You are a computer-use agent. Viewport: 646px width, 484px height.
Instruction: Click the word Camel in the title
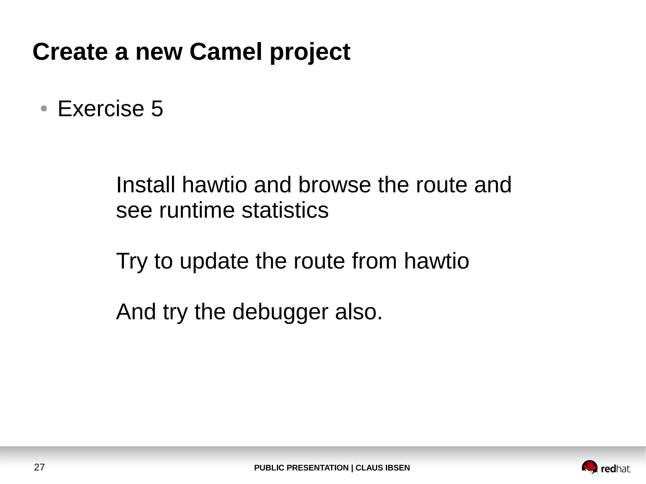click(226, 52)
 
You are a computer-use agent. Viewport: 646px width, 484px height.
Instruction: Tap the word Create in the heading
click(70, 52)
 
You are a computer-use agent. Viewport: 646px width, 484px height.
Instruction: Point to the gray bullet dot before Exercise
click(44, 109)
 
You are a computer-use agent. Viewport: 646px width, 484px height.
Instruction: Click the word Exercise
click(101, 109)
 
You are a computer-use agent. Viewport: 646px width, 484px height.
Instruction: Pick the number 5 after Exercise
click(157, 109)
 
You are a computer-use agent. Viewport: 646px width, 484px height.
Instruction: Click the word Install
click(145, 185)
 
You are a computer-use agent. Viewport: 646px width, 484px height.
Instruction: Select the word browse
click(334, 185)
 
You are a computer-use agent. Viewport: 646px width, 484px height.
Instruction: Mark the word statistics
click(285, 210)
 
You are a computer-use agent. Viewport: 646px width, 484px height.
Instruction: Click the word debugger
click(280, 312)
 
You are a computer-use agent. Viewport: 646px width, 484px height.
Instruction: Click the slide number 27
click(39, 467)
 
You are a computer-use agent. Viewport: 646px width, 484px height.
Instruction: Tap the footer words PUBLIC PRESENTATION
click(301, 468)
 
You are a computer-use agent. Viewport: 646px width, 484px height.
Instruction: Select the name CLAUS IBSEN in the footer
click(383, 468)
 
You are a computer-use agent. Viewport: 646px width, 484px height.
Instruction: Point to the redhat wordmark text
click(616, 469)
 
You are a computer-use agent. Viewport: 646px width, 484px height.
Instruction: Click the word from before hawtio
click(374, 261)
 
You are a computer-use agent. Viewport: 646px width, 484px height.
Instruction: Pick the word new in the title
click(159, 52)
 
